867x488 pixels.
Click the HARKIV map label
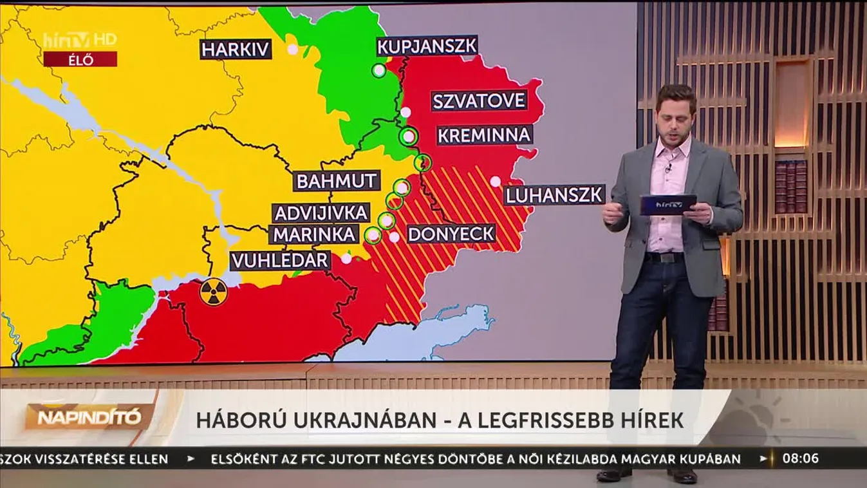click(x=236, y=49)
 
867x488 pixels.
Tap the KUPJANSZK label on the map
click(x=427, y=46)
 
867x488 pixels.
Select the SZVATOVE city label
click(x=479, y=101)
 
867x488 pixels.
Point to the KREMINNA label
click(x=484, y=135)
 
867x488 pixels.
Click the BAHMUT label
click(x=337, y=181)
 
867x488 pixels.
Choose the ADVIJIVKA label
click(x=321, y=213)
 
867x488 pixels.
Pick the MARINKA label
click(x=315, y=234)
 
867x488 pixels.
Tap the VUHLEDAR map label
click(x=280, y=261)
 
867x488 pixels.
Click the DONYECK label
click(x=451, y=234)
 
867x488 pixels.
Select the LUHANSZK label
click(x=554, y=194)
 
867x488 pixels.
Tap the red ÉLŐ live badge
click(x=80, y=60)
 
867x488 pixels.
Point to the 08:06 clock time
click(x=801, y=459)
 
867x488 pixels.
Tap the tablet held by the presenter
click(x=667, y=205)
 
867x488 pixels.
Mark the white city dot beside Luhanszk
click(x=495, y=182)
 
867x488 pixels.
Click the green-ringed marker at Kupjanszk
click(x=379, y=70)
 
